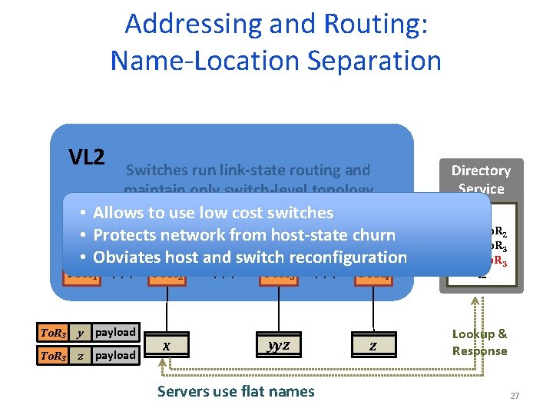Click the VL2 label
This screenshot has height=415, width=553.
[x=86, y=158]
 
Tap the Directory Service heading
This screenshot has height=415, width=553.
[x=481, y=179]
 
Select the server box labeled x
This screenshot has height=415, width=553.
[x=167, y=346]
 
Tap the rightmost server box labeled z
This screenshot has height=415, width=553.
[x=373, y=346]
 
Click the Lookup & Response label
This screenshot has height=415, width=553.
[x=480, y=342]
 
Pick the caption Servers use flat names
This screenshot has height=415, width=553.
[x=236, y=391]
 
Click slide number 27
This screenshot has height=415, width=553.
[x=515, y=396]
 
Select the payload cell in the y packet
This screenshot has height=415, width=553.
[x=115, y=332]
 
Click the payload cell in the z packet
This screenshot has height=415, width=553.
[x=115, y=355]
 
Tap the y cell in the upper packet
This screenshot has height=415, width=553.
[x=81, y=332]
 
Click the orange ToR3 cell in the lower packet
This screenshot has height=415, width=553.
[x=53, y=355]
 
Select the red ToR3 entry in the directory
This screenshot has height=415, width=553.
[x=495, y=261]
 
